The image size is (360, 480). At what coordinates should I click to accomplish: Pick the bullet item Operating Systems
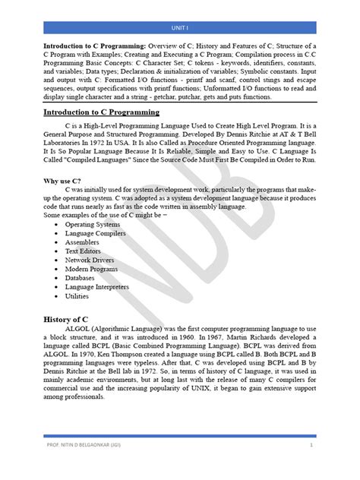click(x=93, y=226)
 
